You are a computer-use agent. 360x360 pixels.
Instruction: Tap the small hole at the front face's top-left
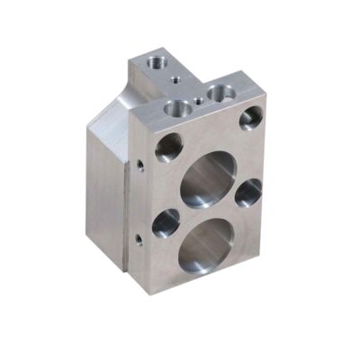click(167, 147)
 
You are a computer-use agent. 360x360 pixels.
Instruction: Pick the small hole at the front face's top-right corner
click(251, 117)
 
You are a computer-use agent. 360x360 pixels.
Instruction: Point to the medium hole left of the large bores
click(166, 222)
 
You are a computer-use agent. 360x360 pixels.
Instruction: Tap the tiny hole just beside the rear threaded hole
click(172, 78)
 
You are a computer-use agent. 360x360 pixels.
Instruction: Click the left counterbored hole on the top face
click(178, 108)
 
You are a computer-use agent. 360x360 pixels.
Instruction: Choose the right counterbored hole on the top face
click(220, 92)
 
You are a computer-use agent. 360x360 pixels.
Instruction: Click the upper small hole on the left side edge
click(139, 166)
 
